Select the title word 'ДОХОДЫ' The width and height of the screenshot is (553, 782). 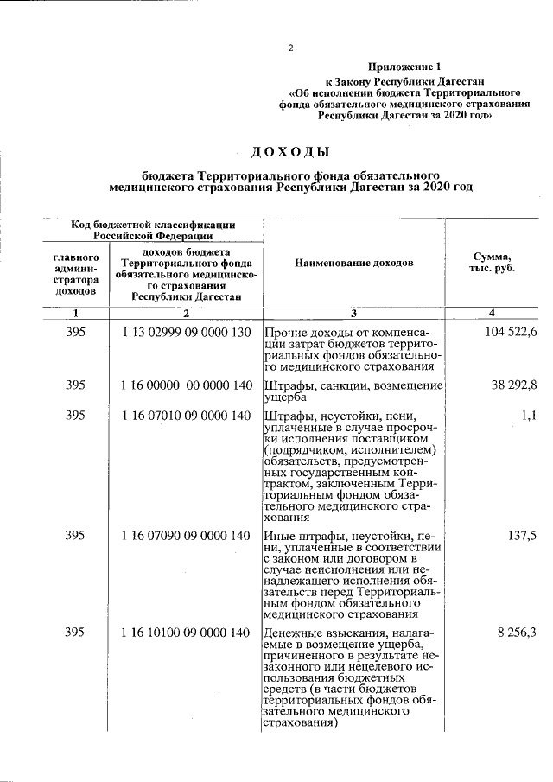[x=290, y=153]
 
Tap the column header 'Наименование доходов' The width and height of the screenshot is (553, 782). [x=353, y=262]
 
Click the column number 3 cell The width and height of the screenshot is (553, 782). [x=353, y=313]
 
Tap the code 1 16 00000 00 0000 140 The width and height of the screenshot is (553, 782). [x=186, y=385]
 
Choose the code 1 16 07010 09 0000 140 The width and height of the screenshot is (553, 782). [x=186, y=416]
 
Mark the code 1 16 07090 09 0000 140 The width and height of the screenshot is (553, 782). [x=186, y=536]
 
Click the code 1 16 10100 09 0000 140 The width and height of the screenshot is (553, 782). [x=186, y=633]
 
